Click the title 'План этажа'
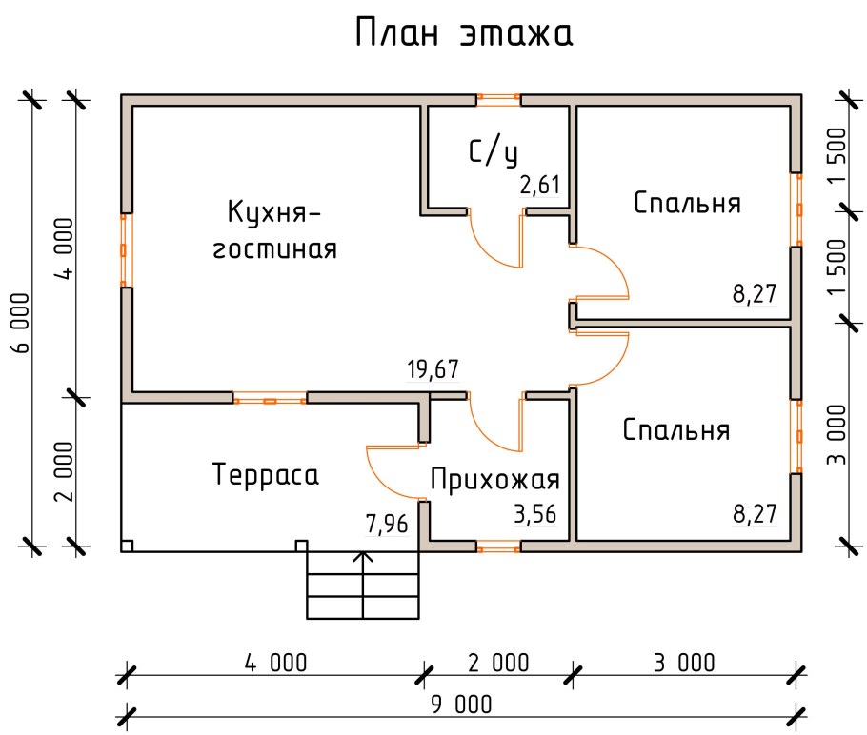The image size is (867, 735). click(x=463, y=33)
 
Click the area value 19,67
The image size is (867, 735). click(x=433, y=370)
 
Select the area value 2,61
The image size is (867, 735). click(x=539, y=185)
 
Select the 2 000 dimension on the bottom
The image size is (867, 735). click(x=497, y=663)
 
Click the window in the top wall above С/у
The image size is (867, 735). click(x=498, y=98)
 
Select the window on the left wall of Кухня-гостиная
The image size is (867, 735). click(x=125, y=249)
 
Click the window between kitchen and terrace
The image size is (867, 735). click(x=271, y=399)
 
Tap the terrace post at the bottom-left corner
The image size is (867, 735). click(x=127, y=546)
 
